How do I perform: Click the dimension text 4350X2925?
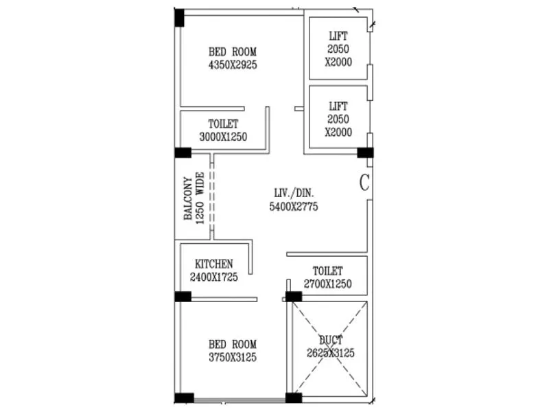click(232, 65)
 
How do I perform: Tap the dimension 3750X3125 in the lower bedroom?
click(232, 357)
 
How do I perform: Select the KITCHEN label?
click(213, 264)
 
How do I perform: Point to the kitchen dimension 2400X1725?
click(213, 277)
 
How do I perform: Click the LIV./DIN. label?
click(293, 193)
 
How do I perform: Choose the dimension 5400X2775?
click(293, 206)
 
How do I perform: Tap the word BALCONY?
click(187, 198)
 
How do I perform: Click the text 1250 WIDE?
click(200, 198)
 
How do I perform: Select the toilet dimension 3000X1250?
click(223, 137)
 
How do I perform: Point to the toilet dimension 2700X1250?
click(327, 284)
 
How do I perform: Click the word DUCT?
click(331, 340)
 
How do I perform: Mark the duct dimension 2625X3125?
click(331, 353)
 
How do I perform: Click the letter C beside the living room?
click(364, 183)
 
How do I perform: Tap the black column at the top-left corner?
click(179, 17)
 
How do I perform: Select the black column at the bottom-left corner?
click(183, 398)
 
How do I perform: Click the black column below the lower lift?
click(365, 152)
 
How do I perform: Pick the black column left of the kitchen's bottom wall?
click(183, 297)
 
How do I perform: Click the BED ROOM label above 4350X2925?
click(232, 51)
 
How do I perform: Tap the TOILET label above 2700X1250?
click(327, 271)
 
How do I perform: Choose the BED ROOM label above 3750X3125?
click(232, 344)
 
